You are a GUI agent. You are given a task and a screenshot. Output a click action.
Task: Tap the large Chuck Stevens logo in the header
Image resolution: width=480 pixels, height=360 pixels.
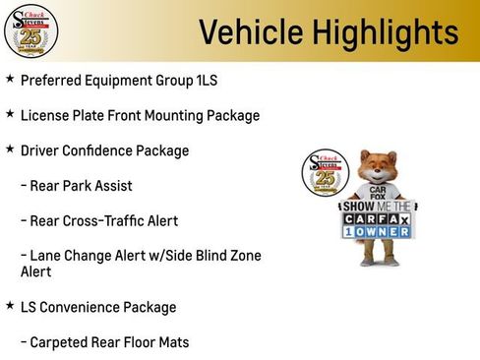(x=30, y=30)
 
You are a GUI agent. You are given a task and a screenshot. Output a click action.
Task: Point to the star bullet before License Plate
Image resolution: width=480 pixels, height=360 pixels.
(x=10, y=115)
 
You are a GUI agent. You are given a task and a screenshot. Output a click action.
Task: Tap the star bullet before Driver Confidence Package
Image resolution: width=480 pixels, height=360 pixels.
(x=10, y=150)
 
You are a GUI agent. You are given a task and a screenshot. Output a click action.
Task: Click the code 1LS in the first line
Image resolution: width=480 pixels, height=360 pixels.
(x=201, y=81)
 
